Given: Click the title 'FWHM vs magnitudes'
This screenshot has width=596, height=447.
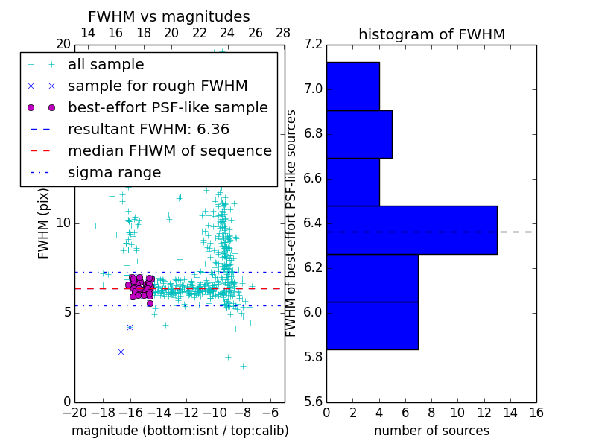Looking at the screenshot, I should pyautogui.click(x=169, y=16).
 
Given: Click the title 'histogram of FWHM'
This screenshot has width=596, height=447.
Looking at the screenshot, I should pyautogui.click(x=431, y=34).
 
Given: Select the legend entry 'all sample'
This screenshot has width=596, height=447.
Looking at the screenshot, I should pyautogui.click(x=106, y=65).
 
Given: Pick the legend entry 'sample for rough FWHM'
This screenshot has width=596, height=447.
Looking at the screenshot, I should pyautogui.click(x=157, y=86).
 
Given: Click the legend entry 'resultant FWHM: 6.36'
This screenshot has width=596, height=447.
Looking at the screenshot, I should pyautogui.click(x=148, y=130).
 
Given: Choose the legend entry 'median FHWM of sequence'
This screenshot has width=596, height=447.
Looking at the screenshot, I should pyautogui.click(x=169, y=151).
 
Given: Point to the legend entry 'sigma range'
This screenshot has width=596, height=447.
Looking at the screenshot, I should pyautogui.click(x=114, y=173).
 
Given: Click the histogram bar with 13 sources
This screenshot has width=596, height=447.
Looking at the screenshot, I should pyautogui.click(x=411, y=230).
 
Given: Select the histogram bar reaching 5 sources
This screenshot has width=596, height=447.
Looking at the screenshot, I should pyautogui.click(x=359, y=134).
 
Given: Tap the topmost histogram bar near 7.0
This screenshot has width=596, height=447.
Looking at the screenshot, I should pyautogui.click(x=352, y=86).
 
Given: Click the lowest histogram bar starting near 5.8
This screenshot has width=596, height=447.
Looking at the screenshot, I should pyautogui.click(x=372, y=326).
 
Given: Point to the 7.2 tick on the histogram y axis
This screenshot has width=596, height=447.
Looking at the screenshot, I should pyautogui.click(x=314, y=45).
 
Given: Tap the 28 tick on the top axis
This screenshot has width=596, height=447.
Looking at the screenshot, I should pyautogui.click(x=284, y=34).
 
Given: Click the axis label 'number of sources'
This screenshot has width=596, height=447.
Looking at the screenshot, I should pyautogui.click(x=431, y=431).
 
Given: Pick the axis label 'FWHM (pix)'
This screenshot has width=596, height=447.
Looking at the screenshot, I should pyautogui.click(x=44, y=223).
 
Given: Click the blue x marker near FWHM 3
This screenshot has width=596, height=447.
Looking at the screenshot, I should pyautogui.click(x=121, y=352).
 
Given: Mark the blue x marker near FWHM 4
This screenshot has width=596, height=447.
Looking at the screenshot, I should pyautogui.click(x=130, y=327).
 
